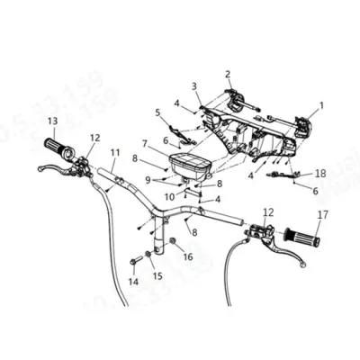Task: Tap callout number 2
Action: point(228,74)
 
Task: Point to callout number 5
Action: point(157,112)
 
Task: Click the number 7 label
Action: point(145,143)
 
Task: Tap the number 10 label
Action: point(168,196)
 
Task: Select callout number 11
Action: point(114,152)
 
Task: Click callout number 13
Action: point(52,121)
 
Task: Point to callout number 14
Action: point(133,282)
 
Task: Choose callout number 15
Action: point(158,277)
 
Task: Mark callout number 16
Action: point(187,256)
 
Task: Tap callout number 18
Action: point(320,173)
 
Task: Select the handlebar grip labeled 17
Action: point(301,238)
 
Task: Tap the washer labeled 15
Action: point(148,261)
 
